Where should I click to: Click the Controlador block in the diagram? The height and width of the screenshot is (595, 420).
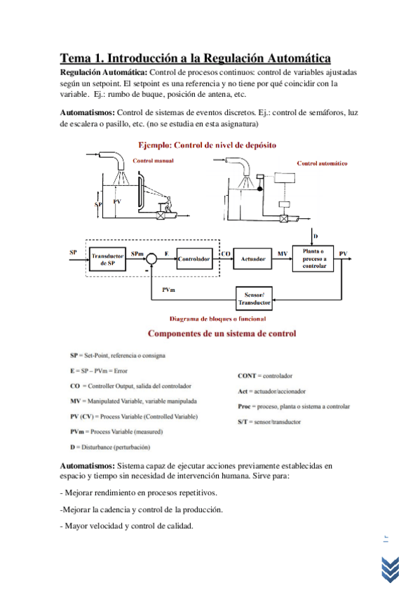[194, 259]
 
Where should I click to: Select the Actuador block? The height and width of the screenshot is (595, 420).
[252, 259]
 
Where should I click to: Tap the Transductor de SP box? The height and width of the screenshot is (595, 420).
[107, 259]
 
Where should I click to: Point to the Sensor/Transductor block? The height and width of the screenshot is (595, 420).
[254, 299]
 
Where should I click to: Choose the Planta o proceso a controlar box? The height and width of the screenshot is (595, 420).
[313, 258]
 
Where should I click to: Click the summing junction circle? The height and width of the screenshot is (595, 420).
[151, 259]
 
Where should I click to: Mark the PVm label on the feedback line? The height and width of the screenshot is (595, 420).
[169, 290]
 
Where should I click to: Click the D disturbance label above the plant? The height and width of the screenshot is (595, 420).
[316, 236]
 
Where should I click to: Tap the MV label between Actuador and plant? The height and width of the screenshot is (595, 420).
[283, 253]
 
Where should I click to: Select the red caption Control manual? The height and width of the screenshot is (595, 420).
[153, 161]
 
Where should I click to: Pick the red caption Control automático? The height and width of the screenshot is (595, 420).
[323, 163]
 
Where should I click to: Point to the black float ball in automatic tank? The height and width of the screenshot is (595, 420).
[259, 189]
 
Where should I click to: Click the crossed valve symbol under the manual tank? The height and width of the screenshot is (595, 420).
[161, 215]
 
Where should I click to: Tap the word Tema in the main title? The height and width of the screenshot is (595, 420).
[76, 58]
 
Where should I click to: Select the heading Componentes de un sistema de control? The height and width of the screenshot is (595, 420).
[222, 333]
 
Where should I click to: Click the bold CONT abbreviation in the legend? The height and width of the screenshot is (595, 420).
[247, 376]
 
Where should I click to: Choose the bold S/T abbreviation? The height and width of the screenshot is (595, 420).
[243, 422]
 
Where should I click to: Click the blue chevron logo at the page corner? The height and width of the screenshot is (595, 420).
[391, 569]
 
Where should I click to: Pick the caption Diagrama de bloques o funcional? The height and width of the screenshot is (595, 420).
[217, 319]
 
